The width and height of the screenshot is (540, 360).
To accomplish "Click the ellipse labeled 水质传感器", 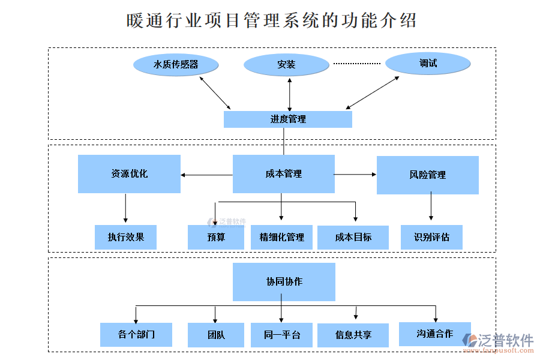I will tap(175, 64).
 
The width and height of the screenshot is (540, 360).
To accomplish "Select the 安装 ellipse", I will tap(287, 64).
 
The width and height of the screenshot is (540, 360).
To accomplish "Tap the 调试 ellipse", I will tap(428, 63).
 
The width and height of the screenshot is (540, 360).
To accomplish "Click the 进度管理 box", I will tap(287, 119).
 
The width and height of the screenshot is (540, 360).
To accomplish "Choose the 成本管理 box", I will tap(283, 174).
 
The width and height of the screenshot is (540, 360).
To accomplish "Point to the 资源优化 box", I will tap(129, 174).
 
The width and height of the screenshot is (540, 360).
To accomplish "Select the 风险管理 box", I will tap(427, 175).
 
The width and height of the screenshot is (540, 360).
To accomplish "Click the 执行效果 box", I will tap(125, 237).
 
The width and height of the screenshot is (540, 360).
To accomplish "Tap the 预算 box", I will tap(216, 237).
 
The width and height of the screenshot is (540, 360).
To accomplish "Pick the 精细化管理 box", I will tap(281, 237).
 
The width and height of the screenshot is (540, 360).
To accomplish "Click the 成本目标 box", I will tap(353, 237).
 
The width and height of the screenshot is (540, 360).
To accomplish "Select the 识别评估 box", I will tap(431, 237).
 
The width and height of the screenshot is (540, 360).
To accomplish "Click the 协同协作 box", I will tap(284, 281).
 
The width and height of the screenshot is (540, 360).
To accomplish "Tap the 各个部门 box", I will tap(136, 334).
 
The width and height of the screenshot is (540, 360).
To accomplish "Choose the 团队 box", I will tap(216, 334).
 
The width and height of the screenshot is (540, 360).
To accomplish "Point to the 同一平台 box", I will tap(281, 334).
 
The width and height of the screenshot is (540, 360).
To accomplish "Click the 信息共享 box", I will tap(353, 335).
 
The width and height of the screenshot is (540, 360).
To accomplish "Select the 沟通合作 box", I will tap(434, 334).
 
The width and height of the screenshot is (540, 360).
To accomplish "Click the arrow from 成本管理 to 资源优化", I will tap(206, 175).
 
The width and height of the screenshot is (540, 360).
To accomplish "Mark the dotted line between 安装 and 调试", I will tap(357, 63).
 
